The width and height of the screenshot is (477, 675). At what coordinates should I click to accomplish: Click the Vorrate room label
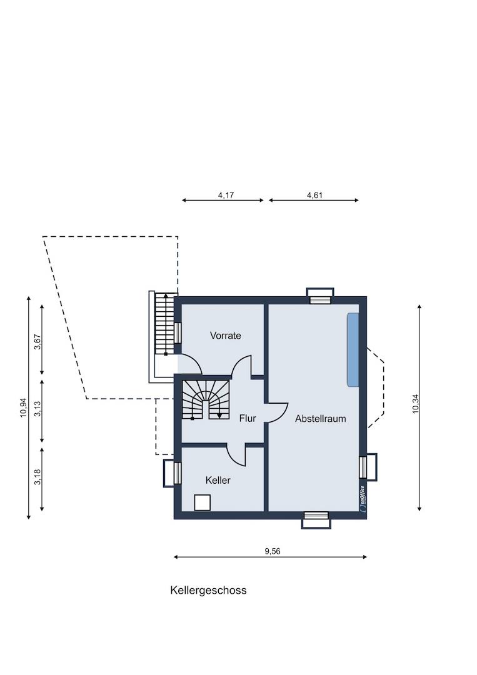tap(225, 336)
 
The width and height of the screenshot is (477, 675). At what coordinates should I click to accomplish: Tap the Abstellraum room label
tap(320, 419)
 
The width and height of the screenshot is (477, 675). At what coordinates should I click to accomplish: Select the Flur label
tap(248, 419)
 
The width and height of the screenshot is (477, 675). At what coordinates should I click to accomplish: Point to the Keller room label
tap(218, 480)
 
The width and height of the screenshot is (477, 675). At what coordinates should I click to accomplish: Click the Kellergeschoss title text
tap(208, 590)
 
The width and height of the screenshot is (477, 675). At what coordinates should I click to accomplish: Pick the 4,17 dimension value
tap(226, 195)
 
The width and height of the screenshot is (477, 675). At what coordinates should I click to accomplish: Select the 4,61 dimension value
tap(314, 195)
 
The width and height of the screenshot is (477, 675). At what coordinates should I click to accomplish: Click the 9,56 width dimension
tap(272, 551)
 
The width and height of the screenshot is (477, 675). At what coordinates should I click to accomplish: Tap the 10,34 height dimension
tap(416, 405)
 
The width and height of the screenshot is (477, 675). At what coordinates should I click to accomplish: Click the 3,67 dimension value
tap(38, 342)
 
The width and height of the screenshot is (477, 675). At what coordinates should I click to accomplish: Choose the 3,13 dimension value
tap(38, 410)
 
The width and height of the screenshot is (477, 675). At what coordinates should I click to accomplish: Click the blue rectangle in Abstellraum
tap(353, 349)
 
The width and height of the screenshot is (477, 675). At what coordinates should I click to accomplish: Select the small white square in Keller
tap(203, 502)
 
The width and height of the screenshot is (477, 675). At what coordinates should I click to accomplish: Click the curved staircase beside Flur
tap(205, 399)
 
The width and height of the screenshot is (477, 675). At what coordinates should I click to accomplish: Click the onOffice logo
tap(361, 499)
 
